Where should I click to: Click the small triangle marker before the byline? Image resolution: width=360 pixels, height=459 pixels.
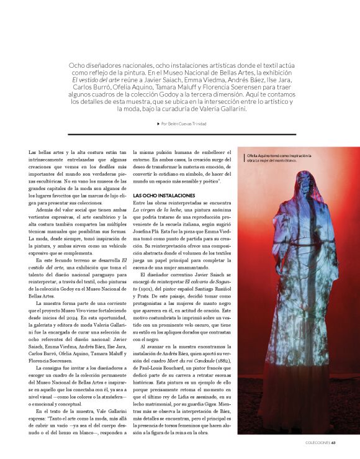pyautogui.click(x=159, y=124)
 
